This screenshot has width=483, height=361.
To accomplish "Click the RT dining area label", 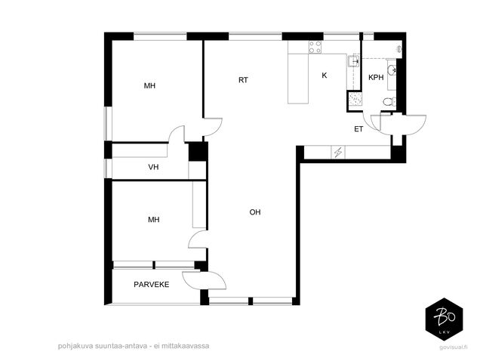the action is click(x=243, y=80).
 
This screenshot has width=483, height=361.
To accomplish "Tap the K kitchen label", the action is click(x=324, y=76).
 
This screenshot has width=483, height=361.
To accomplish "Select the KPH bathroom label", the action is click(x=376, y=77).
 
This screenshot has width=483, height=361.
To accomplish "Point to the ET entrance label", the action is click(x=358, y=129).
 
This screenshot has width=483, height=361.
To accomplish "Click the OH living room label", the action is click(x=255, y=212).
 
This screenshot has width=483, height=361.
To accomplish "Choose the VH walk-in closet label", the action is click(x=153, y=167).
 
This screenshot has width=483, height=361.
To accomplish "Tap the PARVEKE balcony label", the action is click(x=152, y=284).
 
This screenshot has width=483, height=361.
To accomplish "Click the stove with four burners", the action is click(x=315, y=47).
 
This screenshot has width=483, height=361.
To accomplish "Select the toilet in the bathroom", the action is click(x=389, y=102).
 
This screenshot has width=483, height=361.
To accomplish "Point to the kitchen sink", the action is click(x=354, y=61).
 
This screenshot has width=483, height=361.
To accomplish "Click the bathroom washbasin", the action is click(x=392, y=70).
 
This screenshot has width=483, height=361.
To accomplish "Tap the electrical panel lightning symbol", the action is click(x=338, y=153).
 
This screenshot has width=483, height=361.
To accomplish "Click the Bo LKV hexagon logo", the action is click(x=444, y=319).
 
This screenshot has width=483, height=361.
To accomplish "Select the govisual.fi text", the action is click(x=454, y=347).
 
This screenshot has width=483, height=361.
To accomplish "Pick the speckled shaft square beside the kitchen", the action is click(x=354, y=99).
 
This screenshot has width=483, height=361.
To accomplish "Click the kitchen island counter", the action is click(x=298, y=79).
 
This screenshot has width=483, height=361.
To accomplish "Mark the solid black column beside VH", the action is click(x=198, y=151).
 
